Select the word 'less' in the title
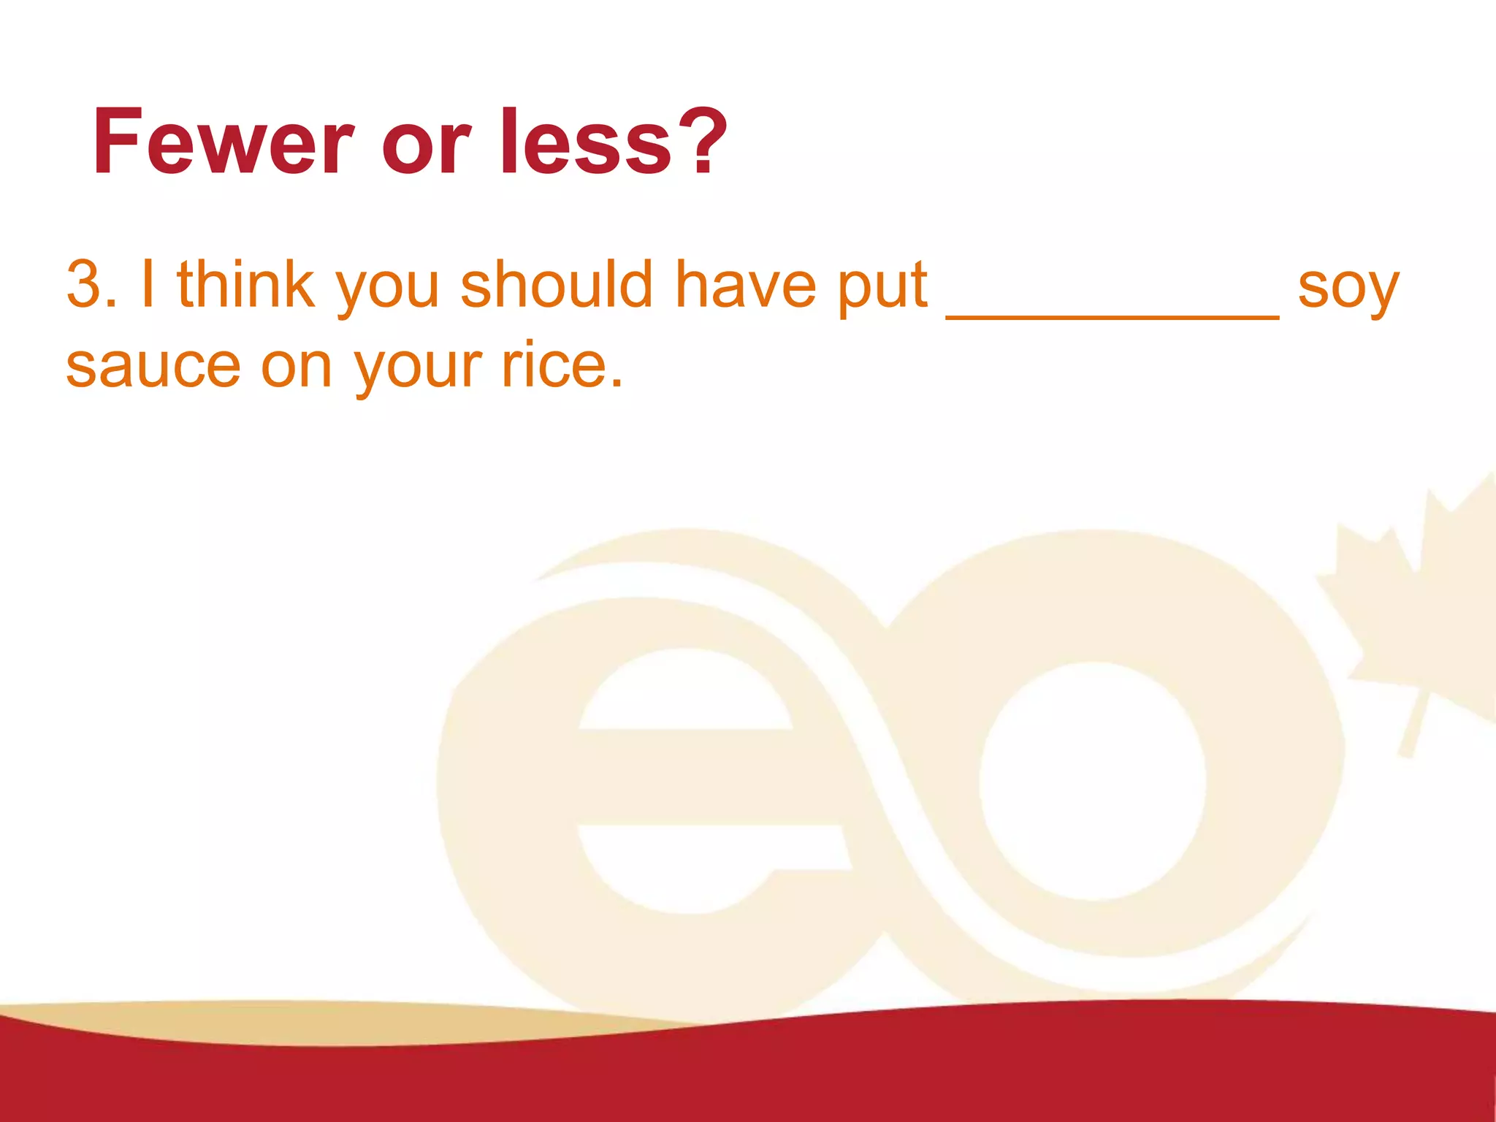coord(585,142)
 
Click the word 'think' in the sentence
coord(245,284)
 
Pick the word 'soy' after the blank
coord(1348,289)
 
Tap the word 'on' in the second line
coord(297,367)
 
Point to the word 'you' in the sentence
coord(387,289)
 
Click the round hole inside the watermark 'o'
coord(1092,782)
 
